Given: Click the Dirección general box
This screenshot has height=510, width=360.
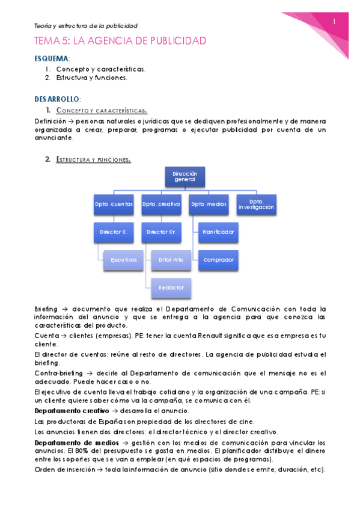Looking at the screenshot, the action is pos(185,176).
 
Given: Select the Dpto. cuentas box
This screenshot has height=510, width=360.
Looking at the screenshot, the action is pos(114,204).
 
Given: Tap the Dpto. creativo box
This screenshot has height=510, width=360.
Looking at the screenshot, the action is pos(162,204).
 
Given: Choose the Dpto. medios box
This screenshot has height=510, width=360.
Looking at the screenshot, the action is pos(209,204).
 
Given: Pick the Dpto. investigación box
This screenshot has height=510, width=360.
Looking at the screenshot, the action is pos(256,204).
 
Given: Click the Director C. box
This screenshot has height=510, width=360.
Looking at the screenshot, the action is pos(114,231).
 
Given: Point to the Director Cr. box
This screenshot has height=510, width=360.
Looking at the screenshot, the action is pos(162,231).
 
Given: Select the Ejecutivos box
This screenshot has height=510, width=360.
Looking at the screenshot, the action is pos(123,259).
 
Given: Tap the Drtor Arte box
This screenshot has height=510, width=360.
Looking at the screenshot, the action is pos(171,259).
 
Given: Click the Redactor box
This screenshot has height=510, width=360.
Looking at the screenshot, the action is pos(171,287).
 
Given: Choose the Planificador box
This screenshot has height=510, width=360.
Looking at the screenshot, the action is pos(218,231).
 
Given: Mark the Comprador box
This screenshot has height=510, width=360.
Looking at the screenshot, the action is pos(218,259).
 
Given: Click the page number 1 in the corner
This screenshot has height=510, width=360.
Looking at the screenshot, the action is pos(334,22).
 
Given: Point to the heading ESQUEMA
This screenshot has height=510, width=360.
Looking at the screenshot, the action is pos(52,59).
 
